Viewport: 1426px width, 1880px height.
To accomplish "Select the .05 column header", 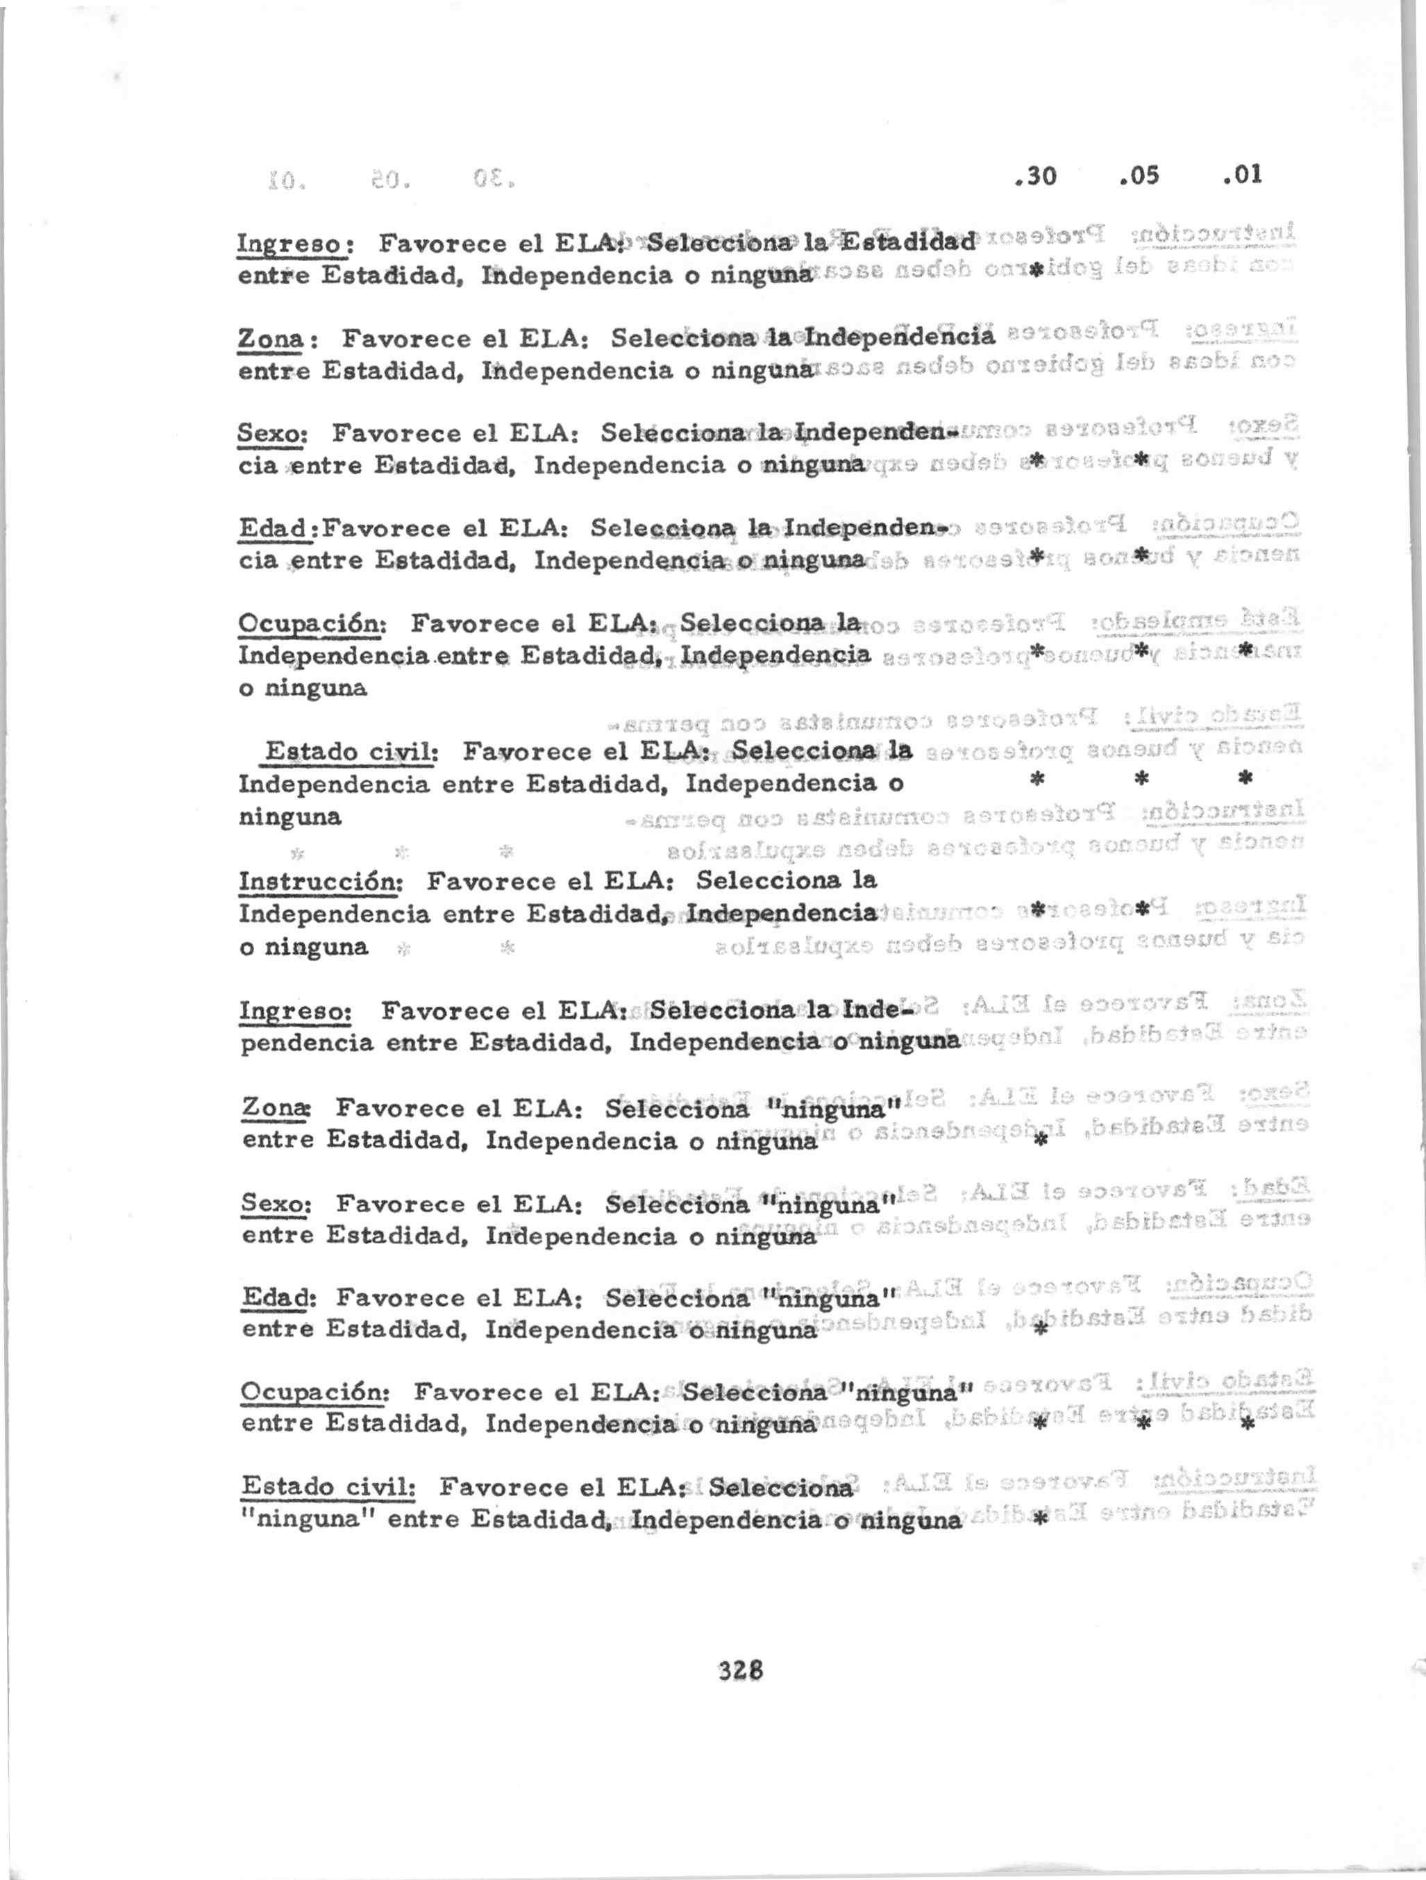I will (x=1139, y=175).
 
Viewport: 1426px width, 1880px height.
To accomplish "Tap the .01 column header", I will (x=1241, y=175).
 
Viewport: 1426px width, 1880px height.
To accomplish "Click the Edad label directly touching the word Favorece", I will (x=277, y=528).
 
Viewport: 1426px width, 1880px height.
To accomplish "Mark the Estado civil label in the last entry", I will (x=327, y=1487).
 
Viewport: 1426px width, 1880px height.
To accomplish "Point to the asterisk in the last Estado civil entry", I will (x=1039, y=1520).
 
